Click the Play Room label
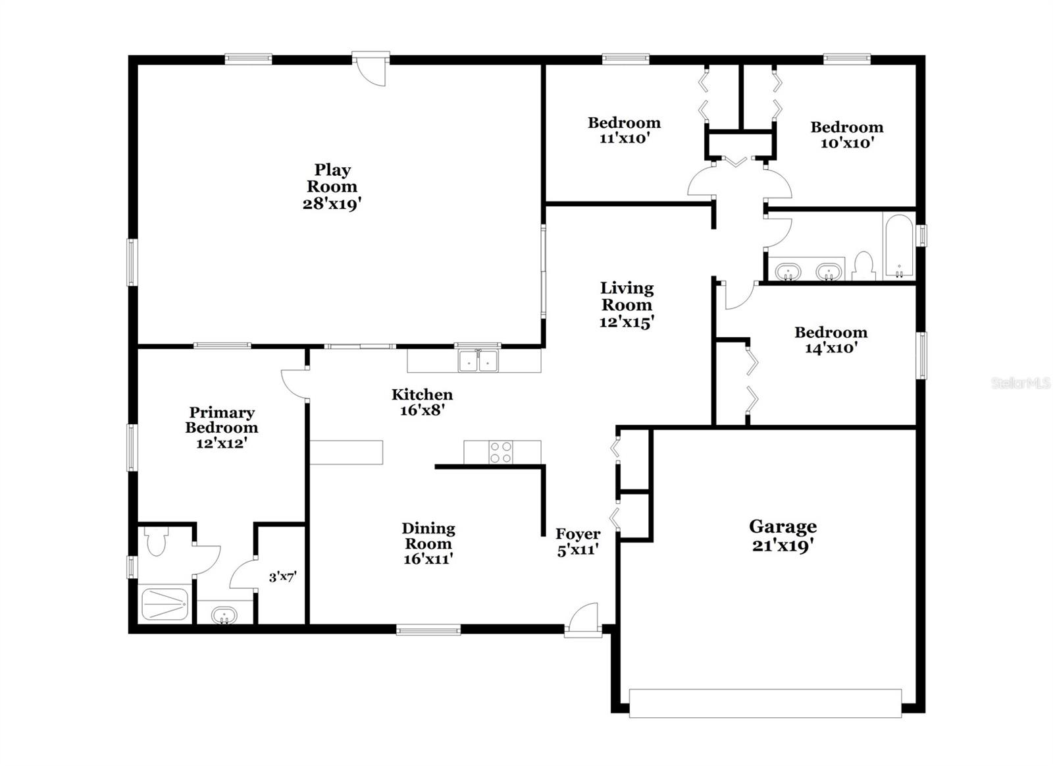332,178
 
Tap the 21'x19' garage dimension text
783,546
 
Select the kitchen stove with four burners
501,452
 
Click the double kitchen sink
478,361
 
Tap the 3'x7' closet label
282,577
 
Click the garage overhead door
765,703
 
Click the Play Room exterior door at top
370,68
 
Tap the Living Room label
627,296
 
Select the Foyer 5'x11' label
578,541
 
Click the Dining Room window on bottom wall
428,630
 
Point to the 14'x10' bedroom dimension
831,348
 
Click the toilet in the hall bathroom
861,266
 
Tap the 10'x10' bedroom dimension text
846,143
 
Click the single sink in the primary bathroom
224,616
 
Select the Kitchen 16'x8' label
422,402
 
